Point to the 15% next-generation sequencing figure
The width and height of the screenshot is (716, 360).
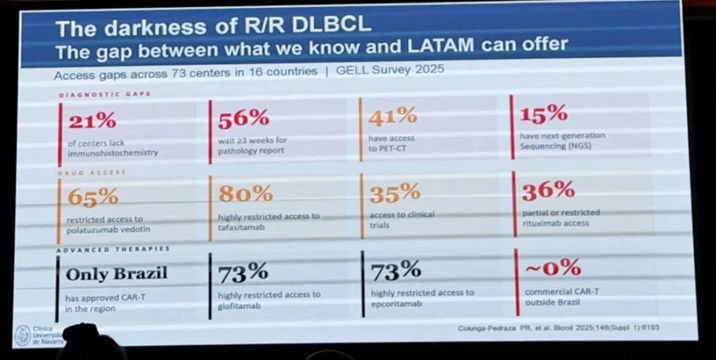[543, 114]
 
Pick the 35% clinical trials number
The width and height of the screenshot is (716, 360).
[394, 193]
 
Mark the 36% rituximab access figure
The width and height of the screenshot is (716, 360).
[548, 190]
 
